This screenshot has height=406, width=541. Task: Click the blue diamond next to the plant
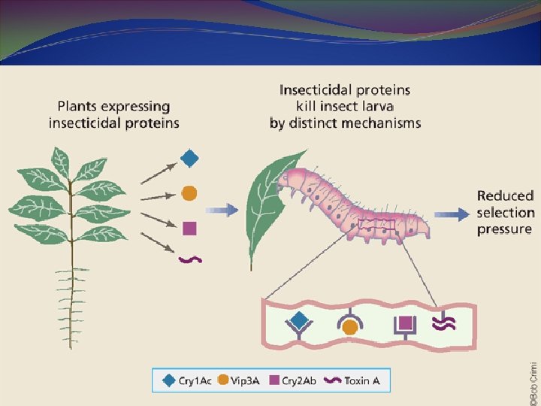click(x=191, y=159)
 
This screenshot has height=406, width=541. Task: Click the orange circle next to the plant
click(x=189, y=192)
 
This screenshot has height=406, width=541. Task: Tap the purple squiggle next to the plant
click(x=189, y=259)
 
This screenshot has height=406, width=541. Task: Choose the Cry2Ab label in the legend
click(x=300, y=381)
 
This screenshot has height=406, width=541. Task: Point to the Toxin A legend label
click(x=361, y=381)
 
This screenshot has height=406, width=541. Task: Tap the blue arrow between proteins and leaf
click(x=221, y=210)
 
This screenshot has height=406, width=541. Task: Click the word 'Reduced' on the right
click(x=505, y=196)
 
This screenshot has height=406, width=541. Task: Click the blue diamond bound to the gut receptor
click(x=299, y=320)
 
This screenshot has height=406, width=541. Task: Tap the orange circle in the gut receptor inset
click(x=349, y=326)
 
